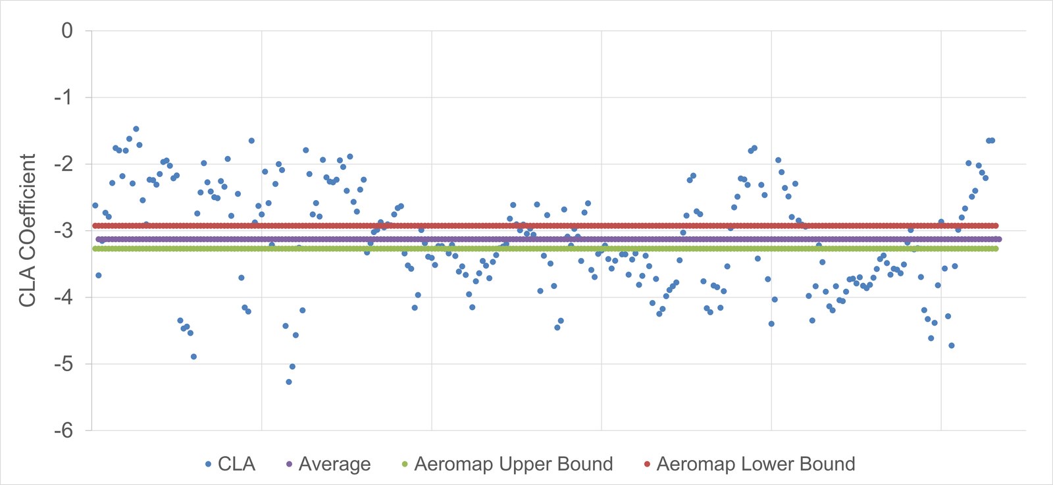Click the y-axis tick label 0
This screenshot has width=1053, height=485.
[x=67, y=31]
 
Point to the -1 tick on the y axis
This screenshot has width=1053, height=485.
[x=63, y=98]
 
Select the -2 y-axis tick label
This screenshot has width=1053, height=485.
[x=63, y=165]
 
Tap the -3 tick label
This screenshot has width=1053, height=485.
[x=63, y=231]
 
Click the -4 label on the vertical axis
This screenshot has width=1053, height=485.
[x=63, y=297]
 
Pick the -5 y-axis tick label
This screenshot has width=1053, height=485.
[x=63, y=364]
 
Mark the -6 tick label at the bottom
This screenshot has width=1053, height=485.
[x=63, y=430]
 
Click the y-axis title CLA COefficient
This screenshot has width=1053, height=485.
[x=27, y=230]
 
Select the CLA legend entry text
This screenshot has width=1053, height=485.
[x=236, y=465]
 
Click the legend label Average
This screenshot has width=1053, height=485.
[x=335, y=465]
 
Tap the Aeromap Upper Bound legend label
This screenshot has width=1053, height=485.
[x=513, y=465]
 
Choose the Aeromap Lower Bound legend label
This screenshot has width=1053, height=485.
[x=756, y=465]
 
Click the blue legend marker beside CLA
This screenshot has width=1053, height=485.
[x=208, y=465]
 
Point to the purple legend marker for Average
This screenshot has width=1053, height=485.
[x=289, y=465]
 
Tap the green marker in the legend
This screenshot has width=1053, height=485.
[x=405, y=465]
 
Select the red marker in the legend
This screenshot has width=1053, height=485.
[x=647, y=465]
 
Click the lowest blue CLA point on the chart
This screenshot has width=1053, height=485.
[x=289, y=382]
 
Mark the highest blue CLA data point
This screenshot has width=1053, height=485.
[x=136, y=129]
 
